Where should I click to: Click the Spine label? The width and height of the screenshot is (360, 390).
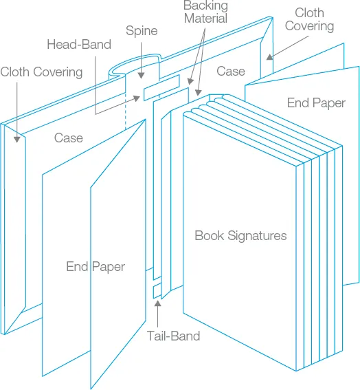142,31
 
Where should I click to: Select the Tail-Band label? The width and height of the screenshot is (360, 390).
173,336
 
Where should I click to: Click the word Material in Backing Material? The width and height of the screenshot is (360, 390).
205,19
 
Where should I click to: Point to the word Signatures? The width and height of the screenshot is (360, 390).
256,236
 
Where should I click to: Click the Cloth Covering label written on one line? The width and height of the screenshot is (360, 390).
41,72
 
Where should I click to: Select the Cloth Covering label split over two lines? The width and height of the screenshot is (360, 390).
309,19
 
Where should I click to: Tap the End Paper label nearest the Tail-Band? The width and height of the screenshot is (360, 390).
95,266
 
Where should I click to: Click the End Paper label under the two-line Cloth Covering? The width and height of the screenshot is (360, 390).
316,103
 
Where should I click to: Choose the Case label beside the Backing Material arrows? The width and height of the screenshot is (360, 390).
231,71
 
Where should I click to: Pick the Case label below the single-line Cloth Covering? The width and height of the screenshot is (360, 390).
69,138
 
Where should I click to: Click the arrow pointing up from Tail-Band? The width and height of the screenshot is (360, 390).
159,313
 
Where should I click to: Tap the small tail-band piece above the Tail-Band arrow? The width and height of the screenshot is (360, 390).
157,290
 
